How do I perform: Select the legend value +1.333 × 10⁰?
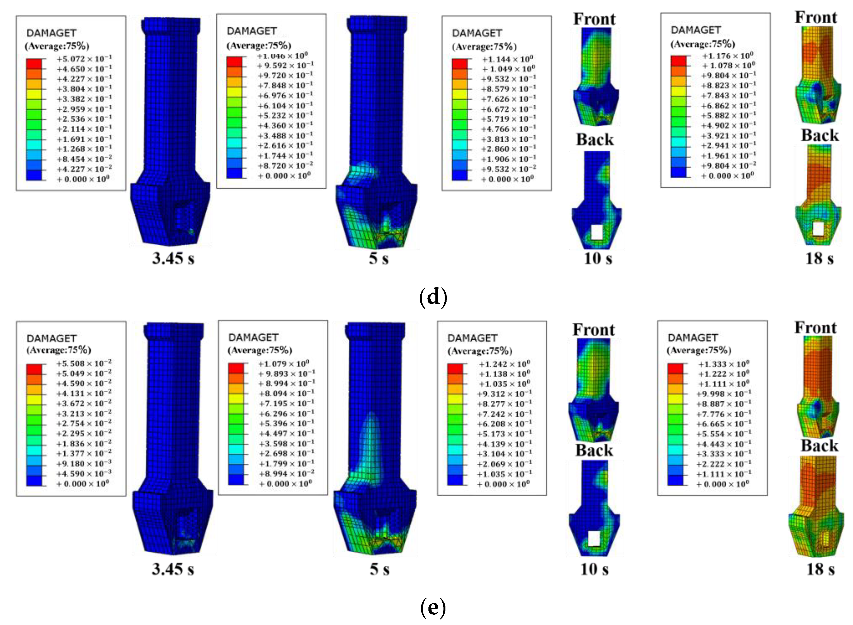[x=723, y=364]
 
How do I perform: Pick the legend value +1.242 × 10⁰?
[x=504, y=364]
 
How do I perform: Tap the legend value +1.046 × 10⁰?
[x=283, y=56]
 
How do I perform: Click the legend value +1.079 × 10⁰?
[x=284, y=364]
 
